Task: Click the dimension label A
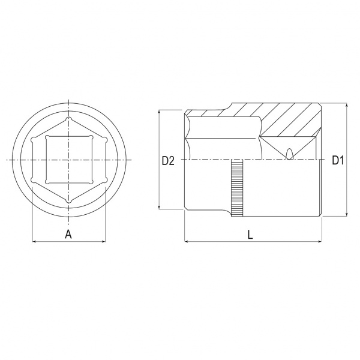tap(68, 235)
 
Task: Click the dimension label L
tap(250, 235)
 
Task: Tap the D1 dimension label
tap(338, 160)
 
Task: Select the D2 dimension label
tap(168, 160)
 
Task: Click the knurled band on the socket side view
tap(237, 188)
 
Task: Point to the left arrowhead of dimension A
tap(34, 241)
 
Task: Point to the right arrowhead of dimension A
tap(104, 241)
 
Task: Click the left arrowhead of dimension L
tap(187, 241)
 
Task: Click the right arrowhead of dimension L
tap(320, 241)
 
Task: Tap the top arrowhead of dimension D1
tap(347, 105)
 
